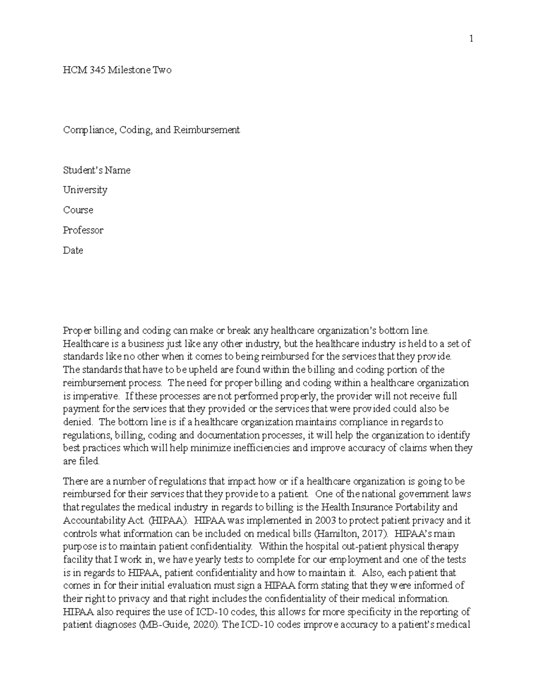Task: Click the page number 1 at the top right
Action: [x=471, y=39]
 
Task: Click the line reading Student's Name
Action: [x=97, y=170]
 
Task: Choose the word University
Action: [x=85, y=190]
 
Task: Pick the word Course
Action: [x=78, y=210]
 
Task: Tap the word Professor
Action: [x=83, y=230]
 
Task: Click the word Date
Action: [x=73, y=250]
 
